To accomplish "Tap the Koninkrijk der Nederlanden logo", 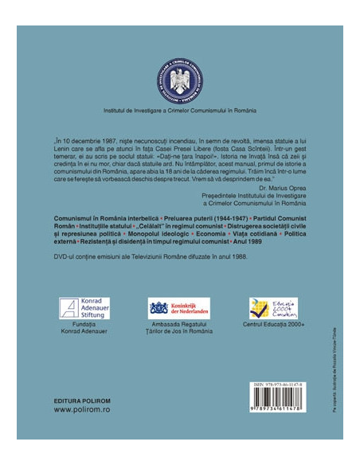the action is point(179,307).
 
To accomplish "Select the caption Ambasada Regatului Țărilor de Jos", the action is point(178,329).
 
